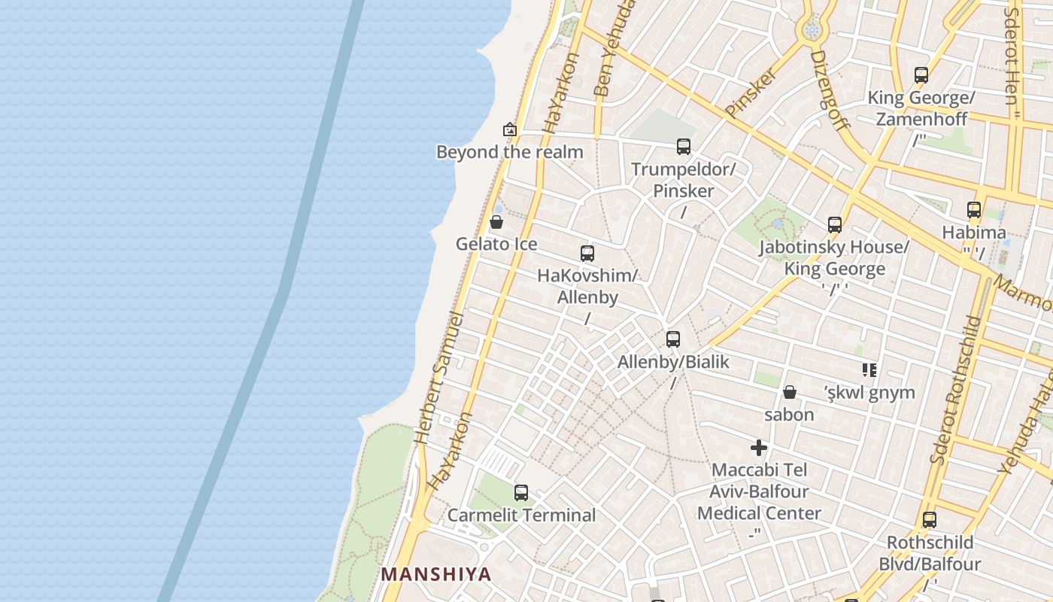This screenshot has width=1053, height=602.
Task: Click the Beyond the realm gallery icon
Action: click(510, 129)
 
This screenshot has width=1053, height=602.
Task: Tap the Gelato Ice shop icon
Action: click(496, 222)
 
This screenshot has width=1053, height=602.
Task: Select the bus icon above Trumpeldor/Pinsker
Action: click(683, 147)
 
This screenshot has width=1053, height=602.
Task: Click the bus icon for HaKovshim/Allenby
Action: click(587, 254)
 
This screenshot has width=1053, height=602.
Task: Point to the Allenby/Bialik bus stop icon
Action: click(673, 339)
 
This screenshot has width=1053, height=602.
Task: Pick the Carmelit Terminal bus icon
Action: click(521, 493)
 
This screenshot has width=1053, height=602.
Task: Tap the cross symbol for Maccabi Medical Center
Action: click(759, 448)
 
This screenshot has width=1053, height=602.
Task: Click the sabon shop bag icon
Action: click(790, 392)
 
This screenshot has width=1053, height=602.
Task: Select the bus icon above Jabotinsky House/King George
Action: click(835, 225)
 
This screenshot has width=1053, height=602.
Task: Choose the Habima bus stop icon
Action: click(974, 210)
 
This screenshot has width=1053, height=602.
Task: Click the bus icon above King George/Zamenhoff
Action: click(921, 75)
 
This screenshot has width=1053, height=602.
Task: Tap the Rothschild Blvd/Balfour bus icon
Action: click(930, 520)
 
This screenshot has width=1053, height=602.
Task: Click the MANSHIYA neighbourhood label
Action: click(436, 574)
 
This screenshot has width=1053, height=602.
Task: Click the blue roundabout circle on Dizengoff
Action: click(811, 30)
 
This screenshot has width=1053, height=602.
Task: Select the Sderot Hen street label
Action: click(1012, 56)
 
